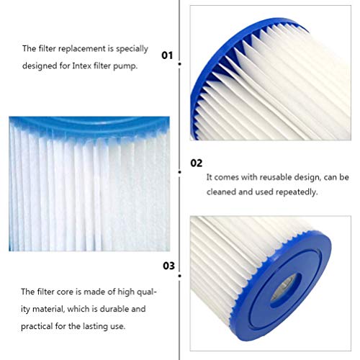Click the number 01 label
pyautogui.click(x=167, y=55)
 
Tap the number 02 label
pyautogui.click(x=196, y=163)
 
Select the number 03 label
pyautogui.click(x=168, y=265)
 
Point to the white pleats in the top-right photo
pyautogui.click(x=266, y=79)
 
